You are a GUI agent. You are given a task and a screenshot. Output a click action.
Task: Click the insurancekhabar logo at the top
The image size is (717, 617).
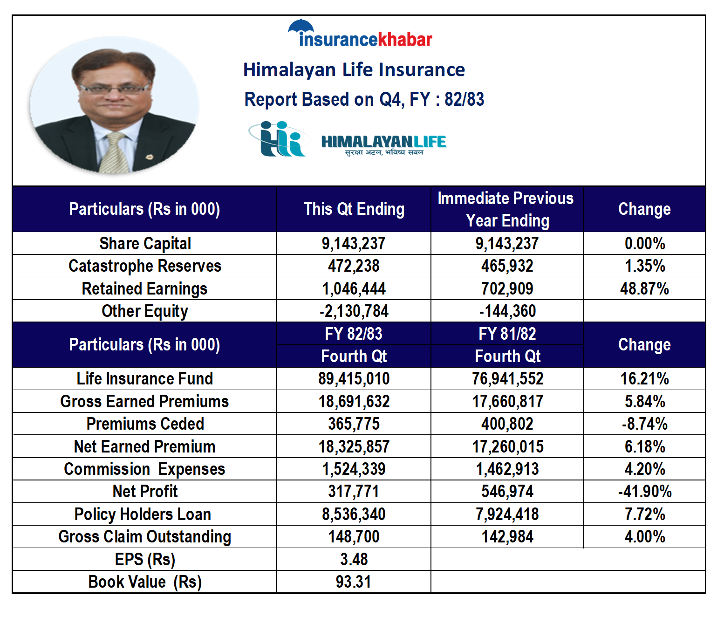point(360,33)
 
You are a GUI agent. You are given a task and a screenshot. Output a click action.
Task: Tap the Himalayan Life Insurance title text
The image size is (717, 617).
point(354,69)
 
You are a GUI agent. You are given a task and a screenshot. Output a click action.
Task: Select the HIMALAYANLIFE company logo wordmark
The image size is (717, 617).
point(383,144)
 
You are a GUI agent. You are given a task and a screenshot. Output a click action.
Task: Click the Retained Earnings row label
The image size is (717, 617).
point(144,289)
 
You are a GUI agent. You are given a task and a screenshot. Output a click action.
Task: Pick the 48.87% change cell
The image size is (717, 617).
point(644,289)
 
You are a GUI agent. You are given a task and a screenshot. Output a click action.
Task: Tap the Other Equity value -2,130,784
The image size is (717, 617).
point(354,311)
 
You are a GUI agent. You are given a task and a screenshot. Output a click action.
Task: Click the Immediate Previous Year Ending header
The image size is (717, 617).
point(507,209)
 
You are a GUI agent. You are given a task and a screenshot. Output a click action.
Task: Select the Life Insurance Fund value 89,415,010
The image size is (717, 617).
point(354,378)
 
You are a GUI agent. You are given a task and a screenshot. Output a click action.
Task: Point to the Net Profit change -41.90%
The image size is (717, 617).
point(645,491)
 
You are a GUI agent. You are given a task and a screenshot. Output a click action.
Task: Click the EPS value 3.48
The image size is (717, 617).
point(354,559)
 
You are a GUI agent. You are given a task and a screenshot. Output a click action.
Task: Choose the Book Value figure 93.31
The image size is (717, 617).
point(354,582)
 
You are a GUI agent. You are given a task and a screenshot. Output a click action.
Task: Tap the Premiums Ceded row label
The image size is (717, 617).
point(145,424)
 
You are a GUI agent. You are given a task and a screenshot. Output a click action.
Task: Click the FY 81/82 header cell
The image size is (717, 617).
point(507,334)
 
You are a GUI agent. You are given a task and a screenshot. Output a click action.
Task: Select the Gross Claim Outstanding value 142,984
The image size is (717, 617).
point(507,536)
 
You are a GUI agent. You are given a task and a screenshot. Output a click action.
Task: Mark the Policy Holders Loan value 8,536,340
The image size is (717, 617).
point(354,514)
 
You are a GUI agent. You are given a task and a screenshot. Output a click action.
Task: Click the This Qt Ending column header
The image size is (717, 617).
point(354,209)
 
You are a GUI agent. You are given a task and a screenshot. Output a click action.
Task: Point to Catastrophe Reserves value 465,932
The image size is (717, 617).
point(507,266)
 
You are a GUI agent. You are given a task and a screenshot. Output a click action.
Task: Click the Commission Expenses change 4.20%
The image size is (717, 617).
point(645,469)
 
